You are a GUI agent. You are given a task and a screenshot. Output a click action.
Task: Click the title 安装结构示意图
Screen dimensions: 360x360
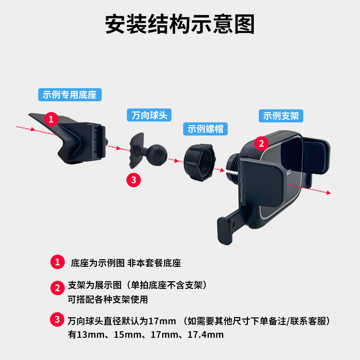[x=180, y=24]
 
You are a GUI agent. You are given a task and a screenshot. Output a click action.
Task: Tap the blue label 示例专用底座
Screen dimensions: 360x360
[x=69, y=95]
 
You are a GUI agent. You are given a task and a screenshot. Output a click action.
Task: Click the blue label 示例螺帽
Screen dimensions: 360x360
[x=205, y=129]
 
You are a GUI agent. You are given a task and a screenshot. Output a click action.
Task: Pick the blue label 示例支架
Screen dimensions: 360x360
[x=281, y=116]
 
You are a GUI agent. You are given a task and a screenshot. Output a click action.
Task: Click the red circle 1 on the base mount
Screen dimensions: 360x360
[x=51, y=119]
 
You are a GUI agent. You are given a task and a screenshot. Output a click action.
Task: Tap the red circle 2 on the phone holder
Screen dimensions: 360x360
[x=261, y=144]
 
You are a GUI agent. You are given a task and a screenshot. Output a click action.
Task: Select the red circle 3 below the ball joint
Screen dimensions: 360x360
[x=134, y=180]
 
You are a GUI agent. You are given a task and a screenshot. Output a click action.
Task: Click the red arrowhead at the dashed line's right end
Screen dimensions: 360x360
[x=328, y=193]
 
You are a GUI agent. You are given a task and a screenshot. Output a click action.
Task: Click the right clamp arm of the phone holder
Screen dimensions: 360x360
[x=318, y=157]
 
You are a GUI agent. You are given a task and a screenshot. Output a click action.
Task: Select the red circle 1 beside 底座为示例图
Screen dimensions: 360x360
[x=57, y=262]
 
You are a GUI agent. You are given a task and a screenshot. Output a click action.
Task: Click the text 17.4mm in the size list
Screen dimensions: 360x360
[x=206, y=335]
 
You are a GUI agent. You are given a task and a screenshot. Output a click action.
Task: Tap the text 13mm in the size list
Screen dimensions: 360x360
[x=87, y=335]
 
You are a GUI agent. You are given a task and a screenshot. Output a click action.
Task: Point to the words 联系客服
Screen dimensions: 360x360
[x=310, y=321]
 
